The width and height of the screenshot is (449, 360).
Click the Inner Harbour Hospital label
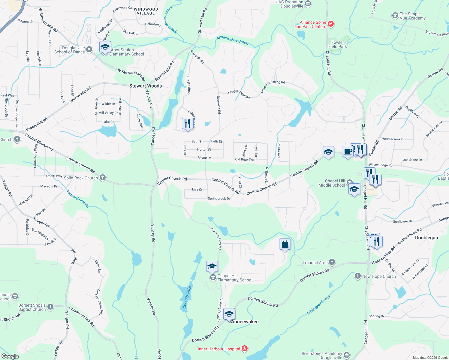(219, 349)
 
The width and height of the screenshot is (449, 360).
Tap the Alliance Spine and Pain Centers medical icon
(331, 24)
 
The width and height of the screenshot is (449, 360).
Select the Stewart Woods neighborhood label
(146, 86)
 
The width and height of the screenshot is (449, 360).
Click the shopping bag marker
(285, 244)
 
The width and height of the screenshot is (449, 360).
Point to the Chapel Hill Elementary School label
(235, 278)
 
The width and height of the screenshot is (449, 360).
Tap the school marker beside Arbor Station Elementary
(105, 47)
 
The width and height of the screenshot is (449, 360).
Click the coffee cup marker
(348, 151)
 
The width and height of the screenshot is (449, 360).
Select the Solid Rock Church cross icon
(103, 178)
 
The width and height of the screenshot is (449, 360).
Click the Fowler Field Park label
(338, 44)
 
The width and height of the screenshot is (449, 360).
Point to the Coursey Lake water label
(187, 297)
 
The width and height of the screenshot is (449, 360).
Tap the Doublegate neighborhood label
(427, 238)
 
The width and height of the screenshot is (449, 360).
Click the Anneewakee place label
(245, 322)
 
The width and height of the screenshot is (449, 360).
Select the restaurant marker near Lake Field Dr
(187, 124)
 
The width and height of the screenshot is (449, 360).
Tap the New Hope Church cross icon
(357, 276)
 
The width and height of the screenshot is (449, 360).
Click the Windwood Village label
(146, 11)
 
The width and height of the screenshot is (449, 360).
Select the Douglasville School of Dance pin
(89, 49)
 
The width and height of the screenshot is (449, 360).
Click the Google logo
(10, 356)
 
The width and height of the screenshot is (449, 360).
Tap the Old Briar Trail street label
(245, 160)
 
